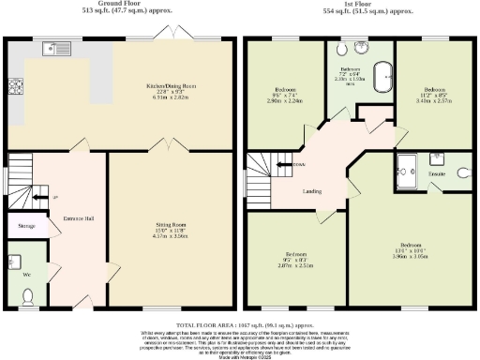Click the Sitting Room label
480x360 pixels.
(172, 225)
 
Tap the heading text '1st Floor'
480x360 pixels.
(360, 4)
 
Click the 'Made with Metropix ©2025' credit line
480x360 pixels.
(240, 355)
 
